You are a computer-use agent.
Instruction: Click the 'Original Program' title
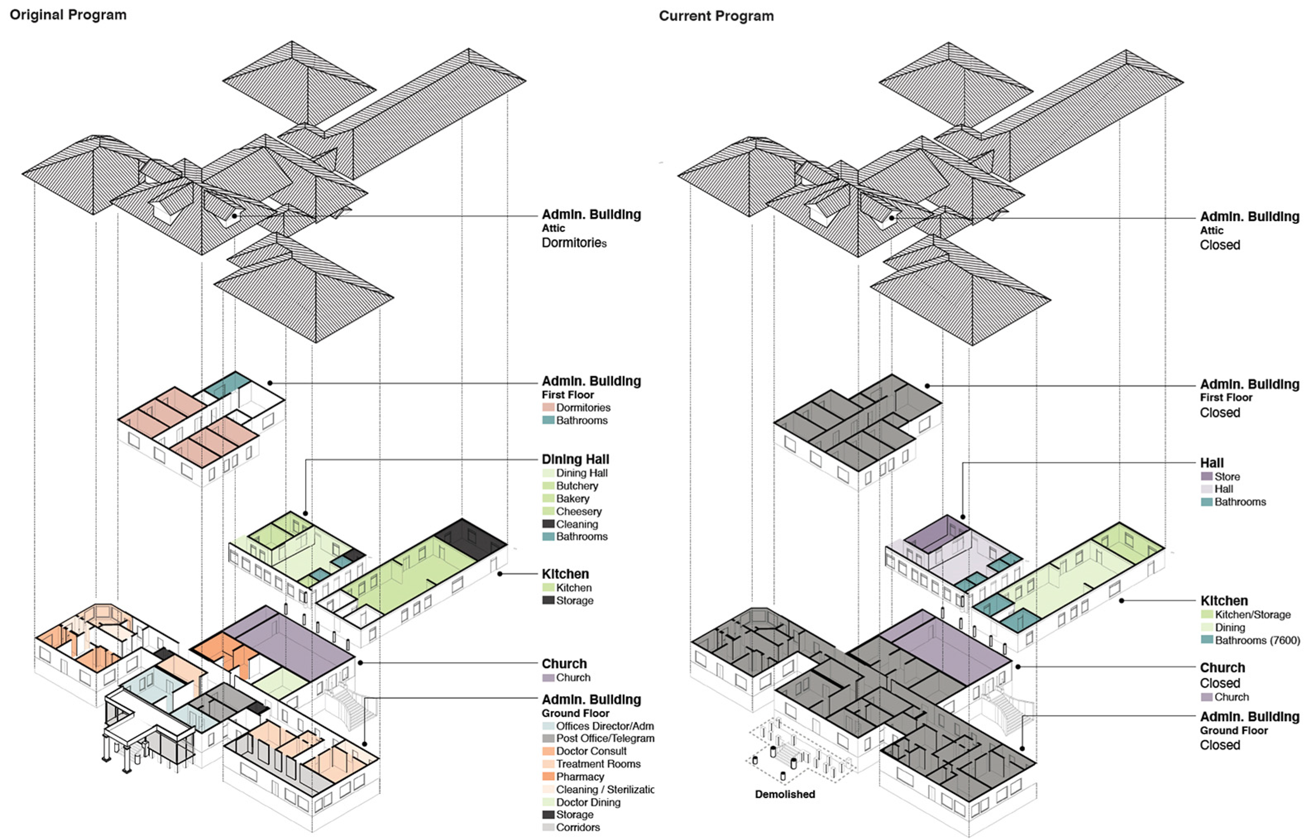[x=68, y=15]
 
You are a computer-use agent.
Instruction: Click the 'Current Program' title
[x=716, y=16]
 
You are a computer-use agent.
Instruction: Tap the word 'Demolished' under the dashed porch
[x=785, y=794]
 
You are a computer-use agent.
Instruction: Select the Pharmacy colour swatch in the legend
[x=548, y=776]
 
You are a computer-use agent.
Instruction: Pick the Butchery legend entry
[x=577, y=485]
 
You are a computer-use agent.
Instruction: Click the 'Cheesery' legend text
[x=579, y=511]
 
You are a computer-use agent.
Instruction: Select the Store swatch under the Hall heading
[x=1207, y=476]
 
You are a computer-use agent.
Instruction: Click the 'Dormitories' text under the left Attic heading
[x=573, y=242]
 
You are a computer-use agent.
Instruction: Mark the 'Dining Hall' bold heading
[x=575, y=459]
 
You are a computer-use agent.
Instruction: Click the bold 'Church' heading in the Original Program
[x=564, y=664]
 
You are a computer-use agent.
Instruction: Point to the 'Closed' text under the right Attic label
[x=1220, y=245]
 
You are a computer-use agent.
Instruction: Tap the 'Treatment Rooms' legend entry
[x=598, y=764]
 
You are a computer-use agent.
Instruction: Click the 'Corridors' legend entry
[x=578, y=827]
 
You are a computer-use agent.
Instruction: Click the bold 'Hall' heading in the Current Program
[x=1212, y=463]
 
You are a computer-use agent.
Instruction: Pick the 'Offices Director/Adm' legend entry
[x=604, y=726]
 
